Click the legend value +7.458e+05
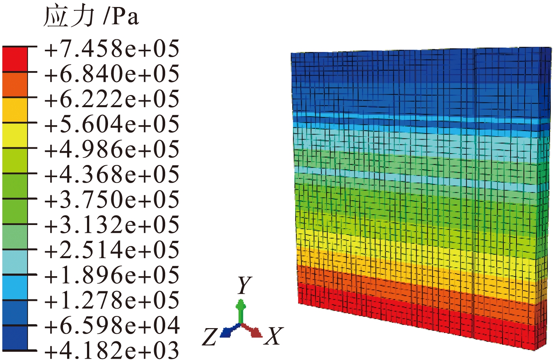tap(112, 49)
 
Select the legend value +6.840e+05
tap(112, 74)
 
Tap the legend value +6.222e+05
tap(112, 99)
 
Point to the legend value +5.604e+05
tap(112, 124)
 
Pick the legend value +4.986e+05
tap(112, 149)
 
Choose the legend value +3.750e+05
tap(112, 200)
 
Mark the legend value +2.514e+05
tap(112, 250)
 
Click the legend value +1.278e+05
tap(112, 301)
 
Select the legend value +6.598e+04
tap(112, 326)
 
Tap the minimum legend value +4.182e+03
tap(112, 350)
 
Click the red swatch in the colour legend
tap(15, 60)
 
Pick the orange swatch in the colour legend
tap(15, 85)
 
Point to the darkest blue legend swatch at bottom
tap(15, 338)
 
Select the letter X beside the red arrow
tap(274, 336)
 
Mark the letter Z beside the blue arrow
tap(210, 337)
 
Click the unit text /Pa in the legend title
tap(121, 17)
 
